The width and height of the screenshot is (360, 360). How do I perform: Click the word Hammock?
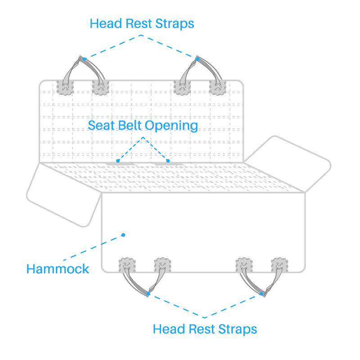pyautogui.click(x=58, y=269)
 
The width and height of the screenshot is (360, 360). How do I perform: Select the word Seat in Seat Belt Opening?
pyautogui.click(x=101, y=125)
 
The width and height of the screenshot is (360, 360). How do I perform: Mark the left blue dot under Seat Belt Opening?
pyautogui.click(x=118, y=160)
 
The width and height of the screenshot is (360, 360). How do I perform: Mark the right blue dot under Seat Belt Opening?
pyautogui.click(x=168, y=160)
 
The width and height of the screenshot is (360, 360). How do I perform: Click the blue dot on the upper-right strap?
pyautogui.click(x=197, y=58)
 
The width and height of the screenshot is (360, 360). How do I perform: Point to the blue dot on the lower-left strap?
pyautogui.click(x=148, y=294)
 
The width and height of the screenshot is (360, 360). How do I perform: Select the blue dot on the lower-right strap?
pyautogui.click(x=262, y=294)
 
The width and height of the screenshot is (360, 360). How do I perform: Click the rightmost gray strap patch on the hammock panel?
pyautogui.click(x=279, y=265)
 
